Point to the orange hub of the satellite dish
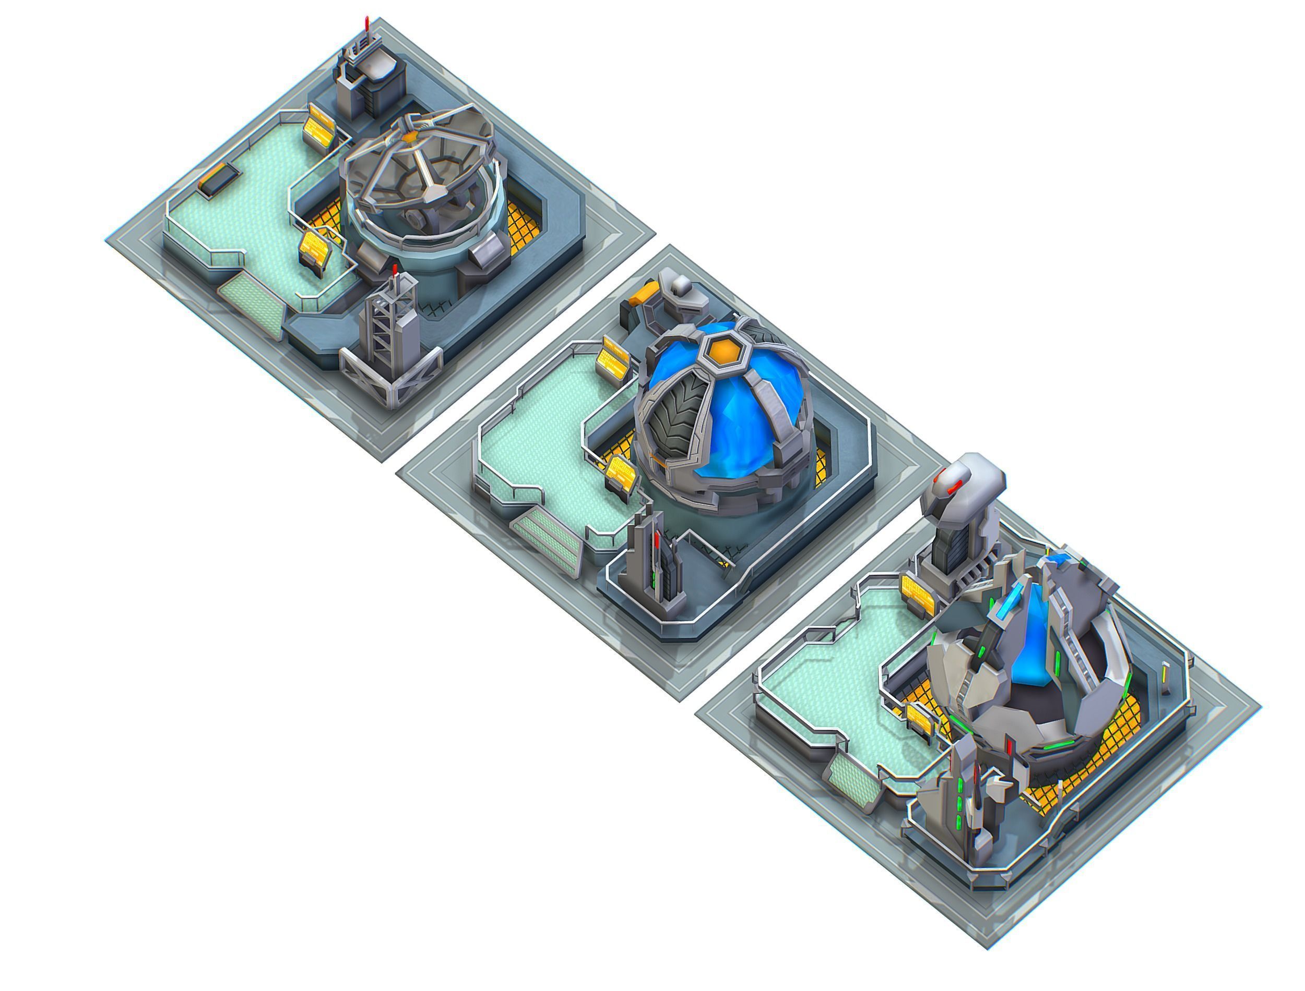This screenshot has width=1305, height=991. [410, 136]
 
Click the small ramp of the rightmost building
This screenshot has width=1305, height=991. [852, 779]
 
